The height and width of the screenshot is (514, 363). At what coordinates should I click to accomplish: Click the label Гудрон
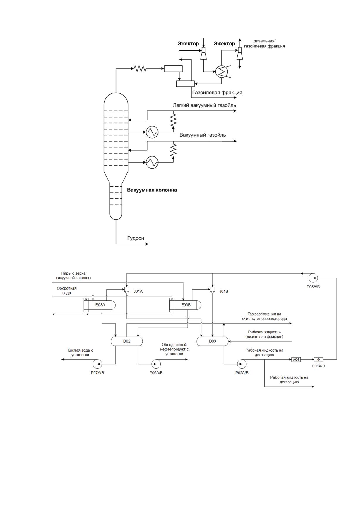coord(136,238)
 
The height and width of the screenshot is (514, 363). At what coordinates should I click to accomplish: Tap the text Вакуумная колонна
coord(152,190)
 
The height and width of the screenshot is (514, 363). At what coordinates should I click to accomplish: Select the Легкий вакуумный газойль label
coord(204,105)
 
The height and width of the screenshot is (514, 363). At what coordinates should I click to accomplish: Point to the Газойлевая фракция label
coord(217,93)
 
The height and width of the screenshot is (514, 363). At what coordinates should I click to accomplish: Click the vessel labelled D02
coord(127,341)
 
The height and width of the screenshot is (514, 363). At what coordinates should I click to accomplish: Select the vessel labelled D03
coord(213,341)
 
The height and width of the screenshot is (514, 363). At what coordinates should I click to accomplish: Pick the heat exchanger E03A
coord(100,305)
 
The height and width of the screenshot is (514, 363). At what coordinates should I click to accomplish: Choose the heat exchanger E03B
coord(186,305)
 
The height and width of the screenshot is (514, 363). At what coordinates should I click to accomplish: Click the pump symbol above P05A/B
coord(313,278)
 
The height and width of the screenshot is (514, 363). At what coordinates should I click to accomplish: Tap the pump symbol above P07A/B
coord(97,364)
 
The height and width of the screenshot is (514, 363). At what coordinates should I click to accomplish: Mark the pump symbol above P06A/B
coord(156,364)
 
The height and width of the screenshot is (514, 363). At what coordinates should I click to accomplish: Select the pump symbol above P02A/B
coord(242,364)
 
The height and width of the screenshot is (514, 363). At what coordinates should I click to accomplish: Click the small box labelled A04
coord(296,360)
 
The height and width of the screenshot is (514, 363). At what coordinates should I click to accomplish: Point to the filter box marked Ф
coord(319,360)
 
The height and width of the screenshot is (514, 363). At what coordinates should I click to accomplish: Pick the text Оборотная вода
coord(67,291)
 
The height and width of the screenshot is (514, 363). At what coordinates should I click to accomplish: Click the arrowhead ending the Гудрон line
coord(147,244)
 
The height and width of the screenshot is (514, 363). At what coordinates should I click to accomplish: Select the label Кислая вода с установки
coord(80,353)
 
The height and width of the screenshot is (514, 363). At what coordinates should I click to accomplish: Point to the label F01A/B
coord(319,366)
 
